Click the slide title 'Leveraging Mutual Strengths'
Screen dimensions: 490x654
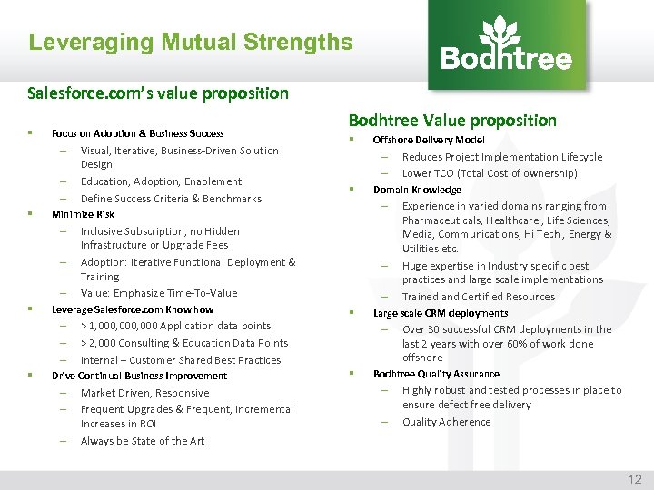(x=191, y=42)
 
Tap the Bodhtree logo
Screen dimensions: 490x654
(x=507, y=45)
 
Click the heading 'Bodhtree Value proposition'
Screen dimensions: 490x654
(x=452, y=120)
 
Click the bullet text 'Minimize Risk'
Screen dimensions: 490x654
(x=83, y=214)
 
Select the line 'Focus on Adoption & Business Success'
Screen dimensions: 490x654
(x=138, y=133)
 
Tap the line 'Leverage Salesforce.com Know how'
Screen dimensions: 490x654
(x=133, y=309)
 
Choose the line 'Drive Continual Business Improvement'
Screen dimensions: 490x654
(x=139, y=376)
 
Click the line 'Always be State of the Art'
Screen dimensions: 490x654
(x=143, y=441)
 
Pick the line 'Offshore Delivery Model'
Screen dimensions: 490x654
(x=429, y=140)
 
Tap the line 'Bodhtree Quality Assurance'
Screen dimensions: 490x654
(x=436, y=374)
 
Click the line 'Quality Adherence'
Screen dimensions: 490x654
(x=446, y=422)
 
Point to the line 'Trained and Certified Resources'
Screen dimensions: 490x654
(x=478, y=297)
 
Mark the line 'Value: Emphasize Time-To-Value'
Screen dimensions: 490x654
(x=159, y=293)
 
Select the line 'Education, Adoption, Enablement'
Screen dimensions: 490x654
(x=161, y=181)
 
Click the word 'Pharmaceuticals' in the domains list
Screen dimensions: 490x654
(x=443, y=220)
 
